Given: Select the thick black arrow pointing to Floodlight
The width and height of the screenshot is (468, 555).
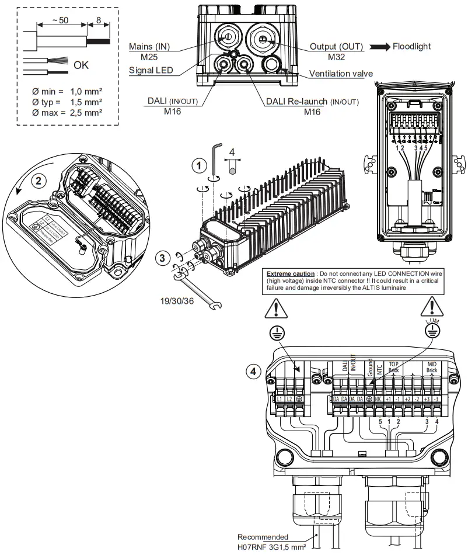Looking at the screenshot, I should [379, 47].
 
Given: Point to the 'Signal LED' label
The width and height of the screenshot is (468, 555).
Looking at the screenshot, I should [151, 71].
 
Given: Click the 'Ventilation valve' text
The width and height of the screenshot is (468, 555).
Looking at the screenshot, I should [341, 74].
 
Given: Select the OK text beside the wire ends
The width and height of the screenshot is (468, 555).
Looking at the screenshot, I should [81, 65].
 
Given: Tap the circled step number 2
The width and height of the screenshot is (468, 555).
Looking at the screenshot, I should [39, 180].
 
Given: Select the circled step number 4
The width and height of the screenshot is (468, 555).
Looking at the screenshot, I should [252, 372].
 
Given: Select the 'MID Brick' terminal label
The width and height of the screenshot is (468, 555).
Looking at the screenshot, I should [432, 367].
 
